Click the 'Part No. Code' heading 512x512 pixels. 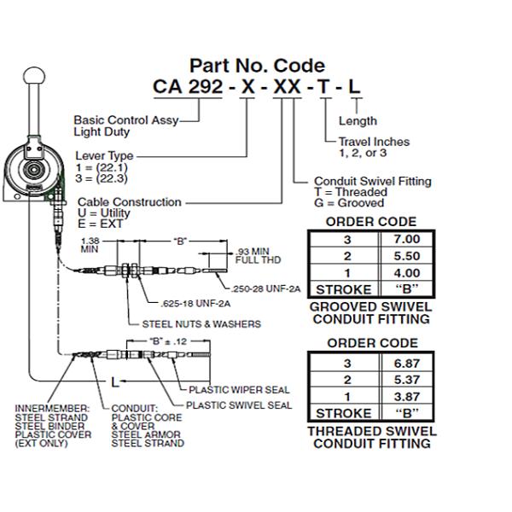tap(257, 65)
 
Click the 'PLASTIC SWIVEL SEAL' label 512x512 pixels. tap(239, 404)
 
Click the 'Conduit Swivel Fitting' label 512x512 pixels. tap(372, 181)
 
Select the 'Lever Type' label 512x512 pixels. tap(105, 156)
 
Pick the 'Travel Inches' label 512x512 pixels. tap(374, 142)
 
